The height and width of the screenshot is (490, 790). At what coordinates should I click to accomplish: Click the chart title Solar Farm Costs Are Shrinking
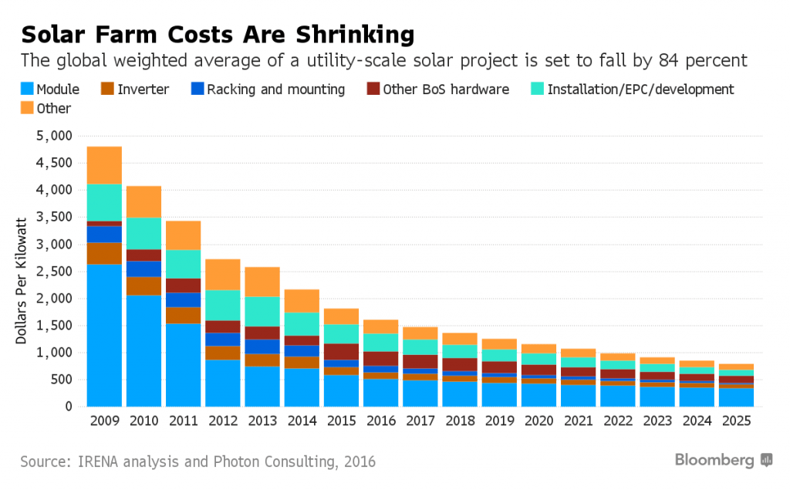coord(218,35)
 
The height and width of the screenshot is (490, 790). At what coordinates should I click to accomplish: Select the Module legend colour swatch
coord(27,90)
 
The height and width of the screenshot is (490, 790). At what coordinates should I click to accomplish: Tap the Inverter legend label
coord(143,90)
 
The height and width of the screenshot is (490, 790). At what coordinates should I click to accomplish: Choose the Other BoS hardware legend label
coord(446,90)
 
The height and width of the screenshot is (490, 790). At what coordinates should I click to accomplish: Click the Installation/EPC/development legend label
coord(640,90)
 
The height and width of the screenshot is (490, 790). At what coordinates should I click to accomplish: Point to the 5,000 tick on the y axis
coord(53,136)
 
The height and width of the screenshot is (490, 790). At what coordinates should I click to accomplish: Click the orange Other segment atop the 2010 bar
coord(143,201)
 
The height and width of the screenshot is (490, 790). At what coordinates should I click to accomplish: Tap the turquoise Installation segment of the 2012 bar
coord(222,305)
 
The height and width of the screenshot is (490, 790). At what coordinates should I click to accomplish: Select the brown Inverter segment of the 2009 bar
coord(104,254)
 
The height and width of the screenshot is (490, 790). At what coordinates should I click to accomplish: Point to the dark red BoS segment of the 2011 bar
coord(183,286)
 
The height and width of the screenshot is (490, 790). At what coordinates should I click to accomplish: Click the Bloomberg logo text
coord(714,461)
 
